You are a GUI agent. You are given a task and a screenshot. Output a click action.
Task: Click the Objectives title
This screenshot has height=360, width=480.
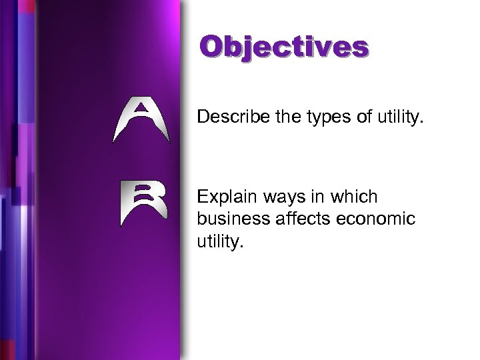point(283,48)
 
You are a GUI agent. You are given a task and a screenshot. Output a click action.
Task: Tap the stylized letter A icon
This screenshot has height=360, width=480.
point(141,120)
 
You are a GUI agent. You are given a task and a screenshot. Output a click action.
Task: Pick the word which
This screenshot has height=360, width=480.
point(353,197)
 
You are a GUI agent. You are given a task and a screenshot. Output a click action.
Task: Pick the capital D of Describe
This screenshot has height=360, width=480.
point(203,118)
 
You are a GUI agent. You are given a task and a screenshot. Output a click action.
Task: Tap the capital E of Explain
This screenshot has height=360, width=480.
point(203,197)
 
